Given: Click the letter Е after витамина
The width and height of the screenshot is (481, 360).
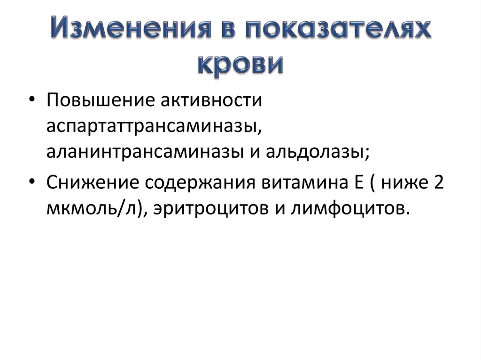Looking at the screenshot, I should point(349,182).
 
